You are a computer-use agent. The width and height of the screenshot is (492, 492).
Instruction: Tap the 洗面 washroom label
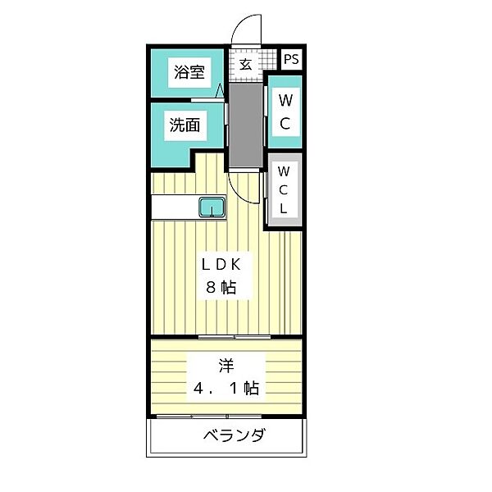pos(185,125)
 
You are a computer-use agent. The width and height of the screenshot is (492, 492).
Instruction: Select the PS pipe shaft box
pos(291,60)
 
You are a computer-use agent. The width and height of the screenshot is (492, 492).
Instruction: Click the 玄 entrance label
pos(245,63)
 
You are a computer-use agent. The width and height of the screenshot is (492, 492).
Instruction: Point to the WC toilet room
pos(285,112)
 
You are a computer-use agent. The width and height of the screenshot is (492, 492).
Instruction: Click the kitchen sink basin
pos(212,207)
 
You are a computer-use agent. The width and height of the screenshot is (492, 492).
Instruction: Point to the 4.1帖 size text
pos(225,387)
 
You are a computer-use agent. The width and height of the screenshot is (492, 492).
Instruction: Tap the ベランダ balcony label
pos(234,435)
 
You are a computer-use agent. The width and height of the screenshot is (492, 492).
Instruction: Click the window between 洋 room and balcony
pos(225,417)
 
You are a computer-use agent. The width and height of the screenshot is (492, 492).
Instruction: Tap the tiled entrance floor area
pos(245,66)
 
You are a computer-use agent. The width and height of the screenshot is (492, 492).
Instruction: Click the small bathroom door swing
pos(221,92)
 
